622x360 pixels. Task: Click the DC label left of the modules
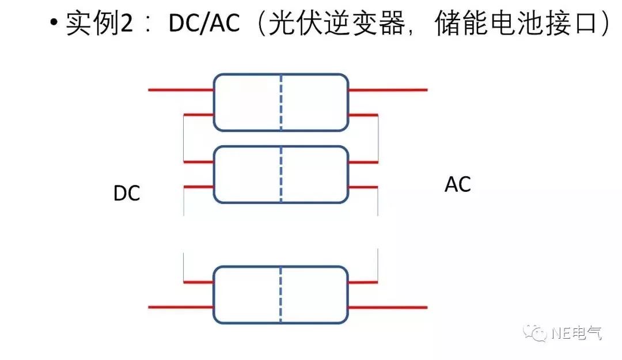(127, 194)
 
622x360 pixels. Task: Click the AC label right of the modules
(458, 185)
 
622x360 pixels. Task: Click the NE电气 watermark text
(576, 333)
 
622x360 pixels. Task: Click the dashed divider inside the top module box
(281, 103)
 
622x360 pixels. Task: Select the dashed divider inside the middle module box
(281, 175)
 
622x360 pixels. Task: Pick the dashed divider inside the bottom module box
(281, 294)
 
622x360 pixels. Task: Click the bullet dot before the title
(54, 24)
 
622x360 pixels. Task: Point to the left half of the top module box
(248, 103)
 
